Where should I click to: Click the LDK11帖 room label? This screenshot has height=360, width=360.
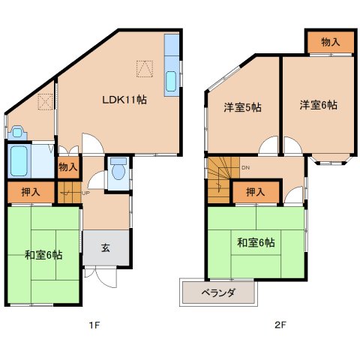click(x=124, y=100)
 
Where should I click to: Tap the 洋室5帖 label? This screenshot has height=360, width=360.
click(x=242, y=107)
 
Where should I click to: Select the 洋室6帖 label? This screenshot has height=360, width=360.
click(x=319, y=105)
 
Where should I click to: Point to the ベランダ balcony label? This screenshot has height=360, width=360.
click(x=218, y=292)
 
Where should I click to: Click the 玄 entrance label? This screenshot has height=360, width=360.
click(x=106, y=247)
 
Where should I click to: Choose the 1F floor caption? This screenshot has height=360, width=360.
click(x=94, y=325)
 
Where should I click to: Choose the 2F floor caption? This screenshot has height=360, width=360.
click(x=280, y=325)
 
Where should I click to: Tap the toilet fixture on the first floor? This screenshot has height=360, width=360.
click(x=118, y=169)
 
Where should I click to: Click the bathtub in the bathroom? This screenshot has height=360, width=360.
click(x=19, y=160)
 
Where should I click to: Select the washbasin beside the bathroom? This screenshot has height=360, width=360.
click(x=17, y=133)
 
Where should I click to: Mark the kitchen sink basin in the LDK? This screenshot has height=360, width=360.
click(x=171, y=81)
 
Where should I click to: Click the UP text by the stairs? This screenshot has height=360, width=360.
click(x=85, y=193)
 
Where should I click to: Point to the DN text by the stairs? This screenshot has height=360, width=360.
click(x=246, y=168)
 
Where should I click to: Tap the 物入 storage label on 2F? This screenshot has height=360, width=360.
click(x=331, y=42)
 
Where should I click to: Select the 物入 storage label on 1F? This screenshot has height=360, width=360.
click(x=68, y=167)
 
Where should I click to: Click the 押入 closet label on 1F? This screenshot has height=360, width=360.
click(x=31, y=192)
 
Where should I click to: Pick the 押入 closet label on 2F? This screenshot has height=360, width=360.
click(x=256, y=192)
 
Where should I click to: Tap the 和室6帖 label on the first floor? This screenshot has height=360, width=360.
click(x=43, y=255)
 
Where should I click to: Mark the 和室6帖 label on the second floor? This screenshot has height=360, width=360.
click(x=256, y=242)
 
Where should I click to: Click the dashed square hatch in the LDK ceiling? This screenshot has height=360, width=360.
click(x=145, y=69)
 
